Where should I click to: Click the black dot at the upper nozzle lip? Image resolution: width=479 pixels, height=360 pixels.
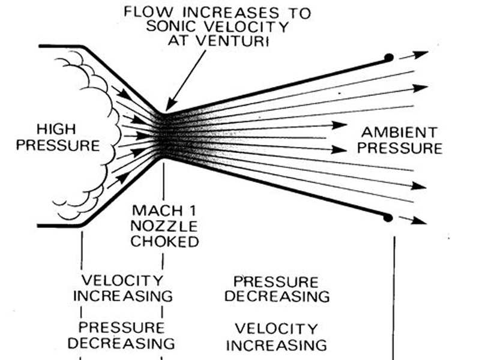tap(389, 57)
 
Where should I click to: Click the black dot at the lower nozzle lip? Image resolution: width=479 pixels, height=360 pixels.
tap(389, 217)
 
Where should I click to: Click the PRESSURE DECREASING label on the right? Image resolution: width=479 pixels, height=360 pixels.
tap(281, 289)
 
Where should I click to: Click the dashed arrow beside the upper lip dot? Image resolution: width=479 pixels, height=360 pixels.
tap(413, 56)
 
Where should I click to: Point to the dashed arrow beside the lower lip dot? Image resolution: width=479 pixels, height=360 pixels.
tap(412, 220)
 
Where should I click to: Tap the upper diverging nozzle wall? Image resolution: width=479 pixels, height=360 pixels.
tap(276, 84)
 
